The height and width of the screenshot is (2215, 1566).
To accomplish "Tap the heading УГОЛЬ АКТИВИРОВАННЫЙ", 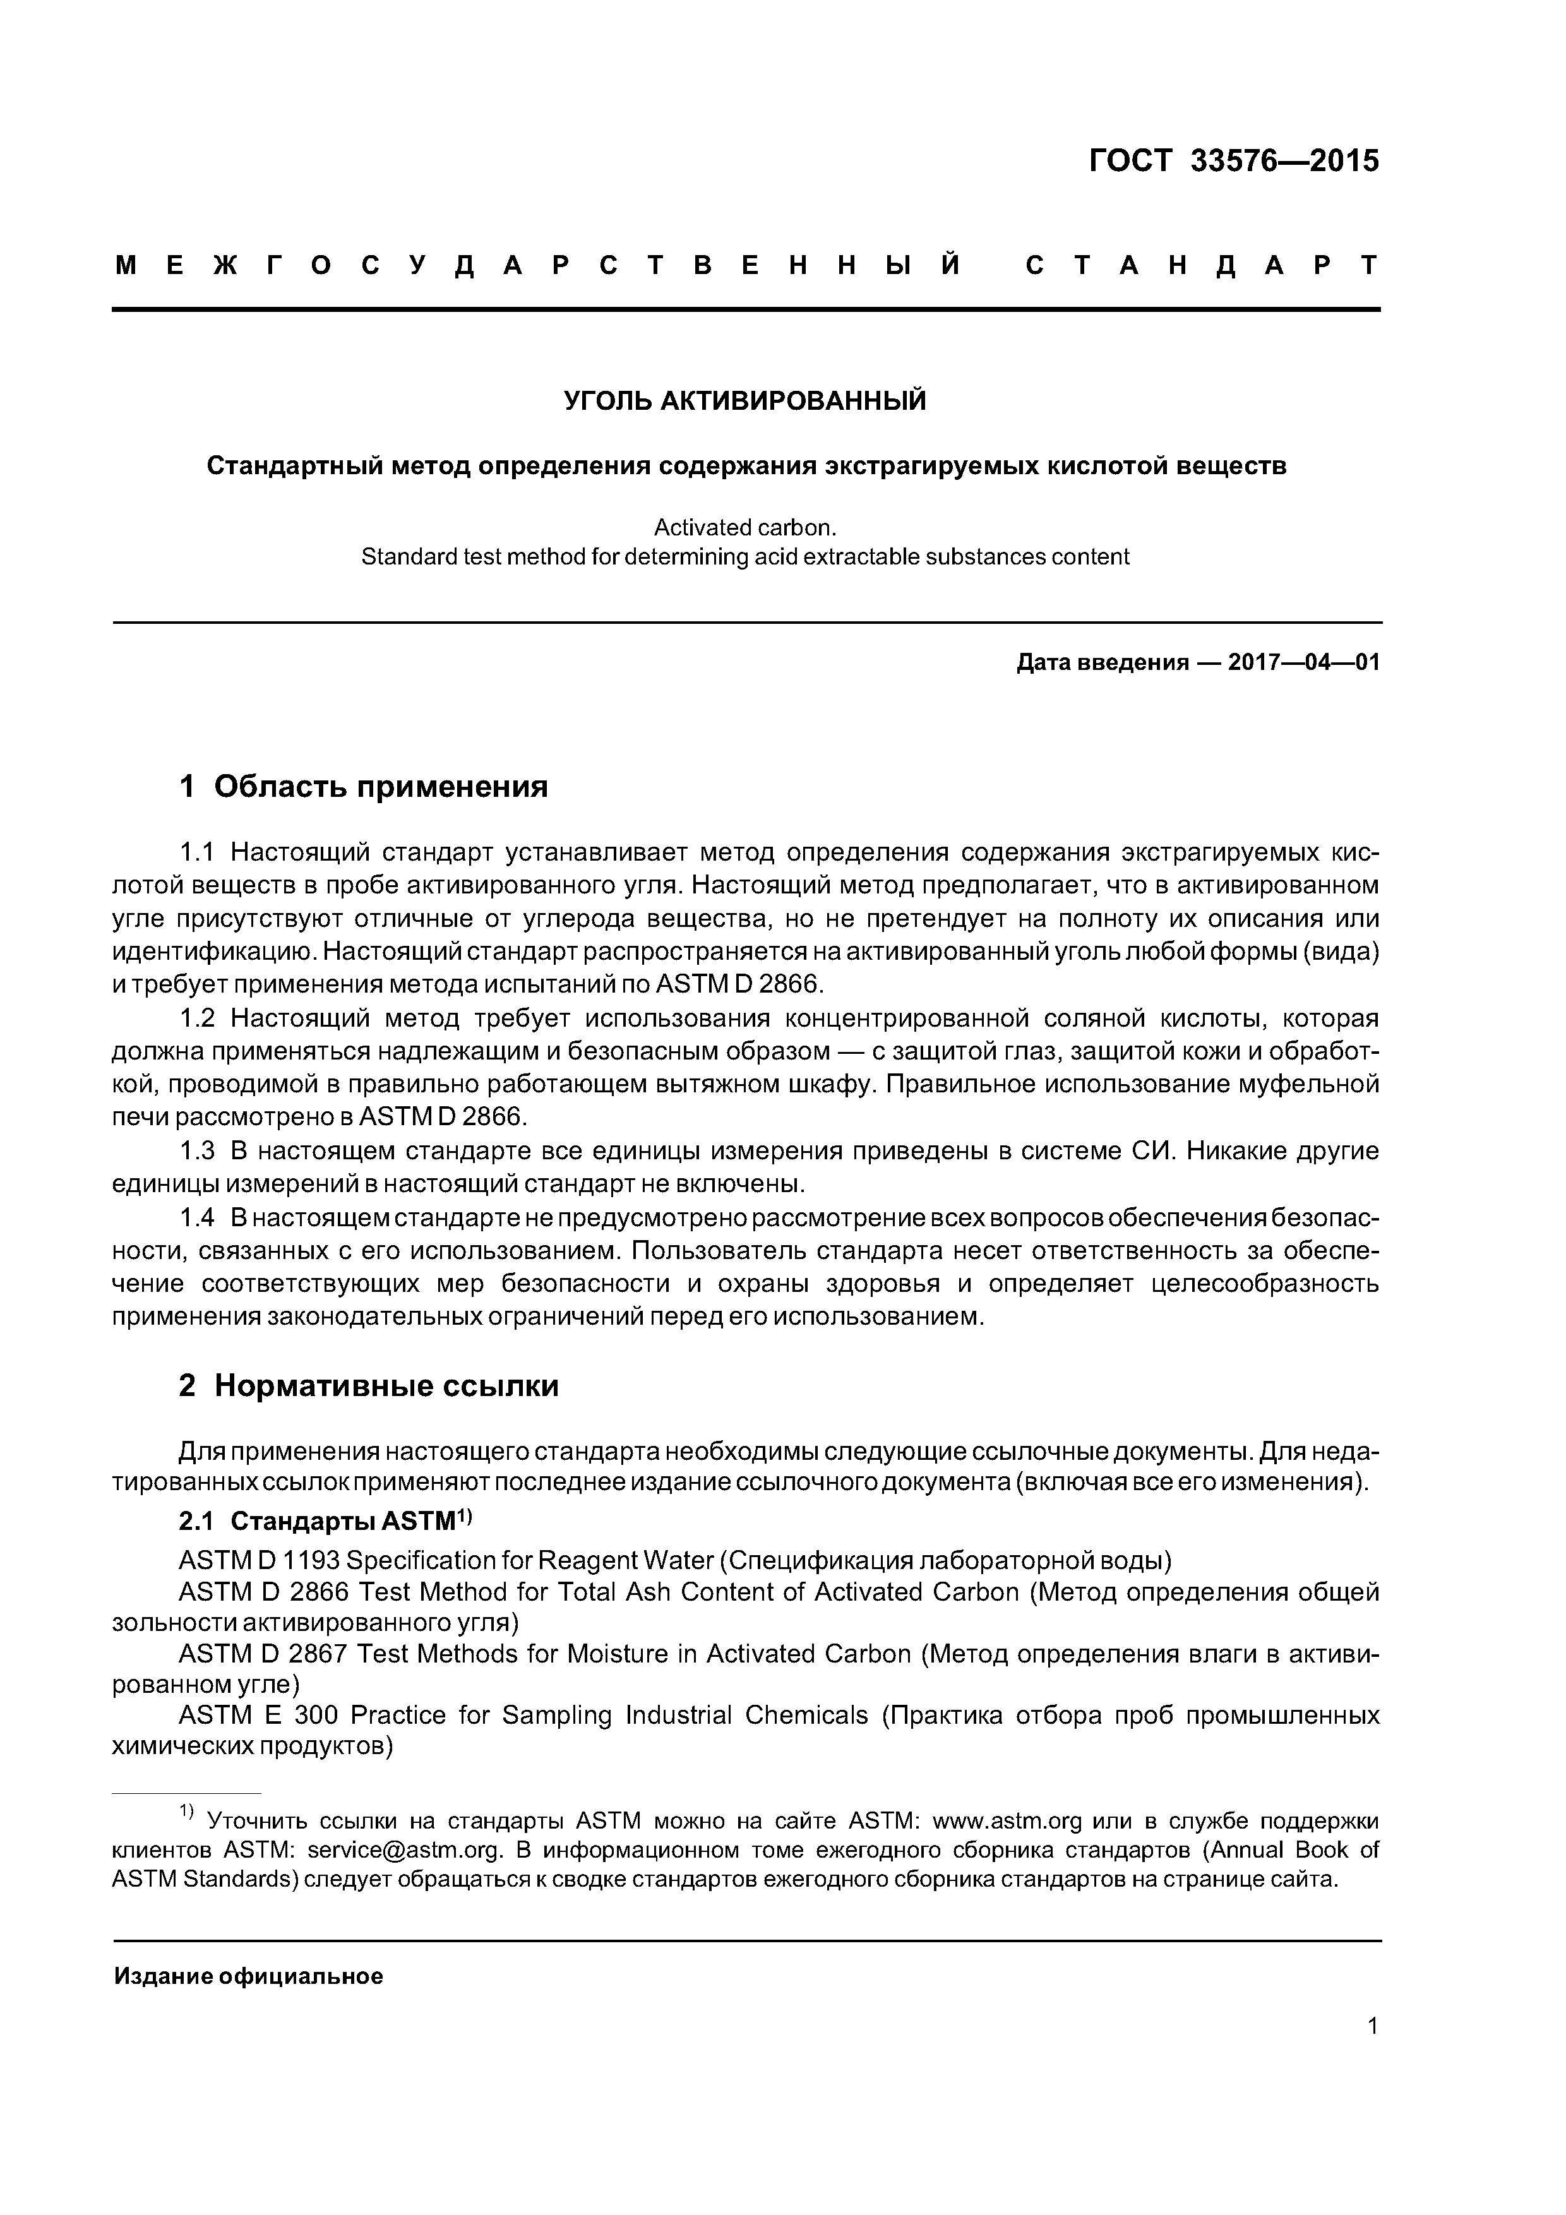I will [745, 400].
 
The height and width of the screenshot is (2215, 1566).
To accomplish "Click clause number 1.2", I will [197, 1018].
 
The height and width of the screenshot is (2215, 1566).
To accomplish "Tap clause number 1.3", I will [197, 1151].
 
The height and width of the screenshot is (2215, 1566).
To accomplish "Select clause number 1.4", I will [197, 1217].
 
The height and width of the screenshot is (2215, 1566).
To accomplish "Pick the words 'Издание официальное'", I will [249, 1977].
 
